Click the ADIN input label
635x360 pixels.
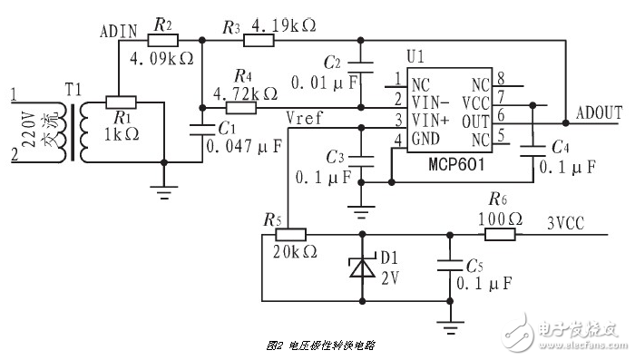118,33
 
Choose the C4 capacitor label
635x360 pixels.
562,146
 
